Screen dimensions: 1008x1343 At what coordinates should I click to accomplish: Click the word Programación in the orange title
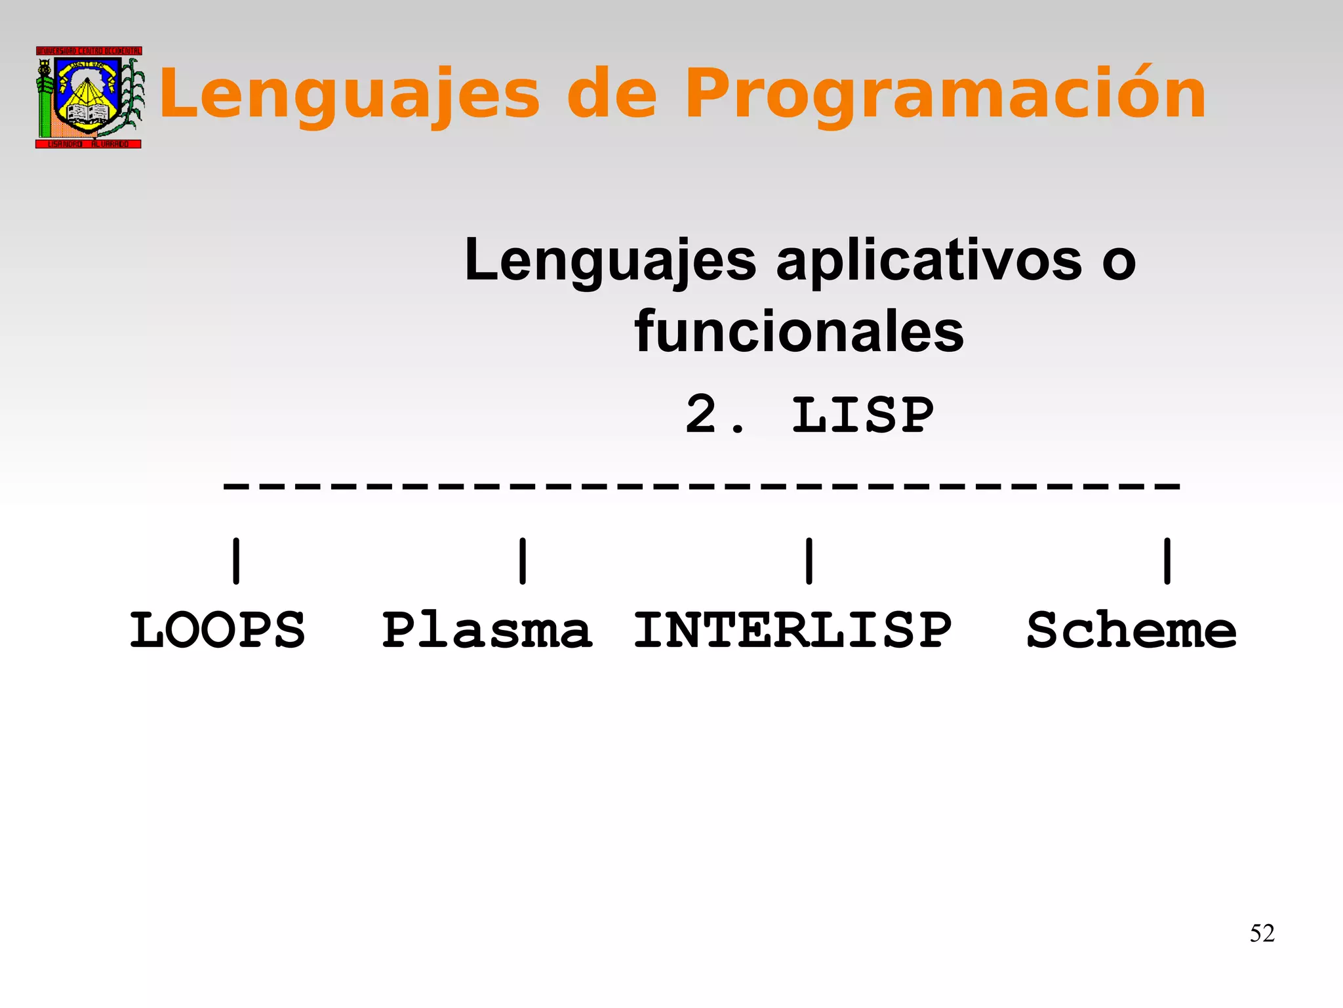(944, 95)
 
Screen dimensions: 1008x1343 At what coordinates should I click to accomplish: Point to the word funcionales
(799, 332)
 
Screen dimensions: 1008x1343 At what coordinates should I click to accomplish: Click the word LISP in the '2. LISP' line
(862, 415)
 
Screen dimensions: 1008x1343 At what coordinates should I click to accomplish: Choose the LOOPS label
(217, 630)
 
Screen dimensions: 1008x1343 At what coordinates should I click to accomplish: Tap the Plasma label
(487, 630)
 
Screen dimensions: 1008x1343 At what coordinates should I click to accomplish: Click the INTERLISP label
(792, 630)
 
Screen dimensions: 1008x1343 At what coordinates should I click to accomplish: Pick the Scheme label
(1131, 630)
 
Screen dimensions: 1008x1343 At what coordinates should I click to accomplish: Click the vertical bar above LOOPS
(236, 561)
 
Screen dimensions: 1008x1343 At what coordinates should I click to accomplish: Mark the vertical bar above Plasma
(523, 561)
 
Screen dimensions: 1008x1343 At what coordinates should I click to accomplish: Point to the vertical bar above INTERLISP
(809, 561)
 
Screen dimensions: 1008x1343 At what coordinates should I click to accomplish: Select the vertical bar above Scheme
(1167, 561)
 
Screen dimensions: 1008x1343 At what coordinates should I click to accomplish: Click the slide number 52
(1262, 933)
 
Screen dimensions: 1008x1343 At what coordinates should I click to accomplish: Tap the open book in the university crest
(89, 113)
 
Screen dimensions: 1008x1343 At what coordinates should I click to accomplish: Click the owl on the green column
(45, 69)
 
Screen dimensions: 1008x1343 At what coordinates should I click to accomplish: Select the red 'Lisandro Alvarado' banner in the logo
(89, 144)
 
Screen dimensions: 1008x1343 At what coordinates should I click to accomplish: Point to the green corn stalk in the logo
(133, 95)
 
